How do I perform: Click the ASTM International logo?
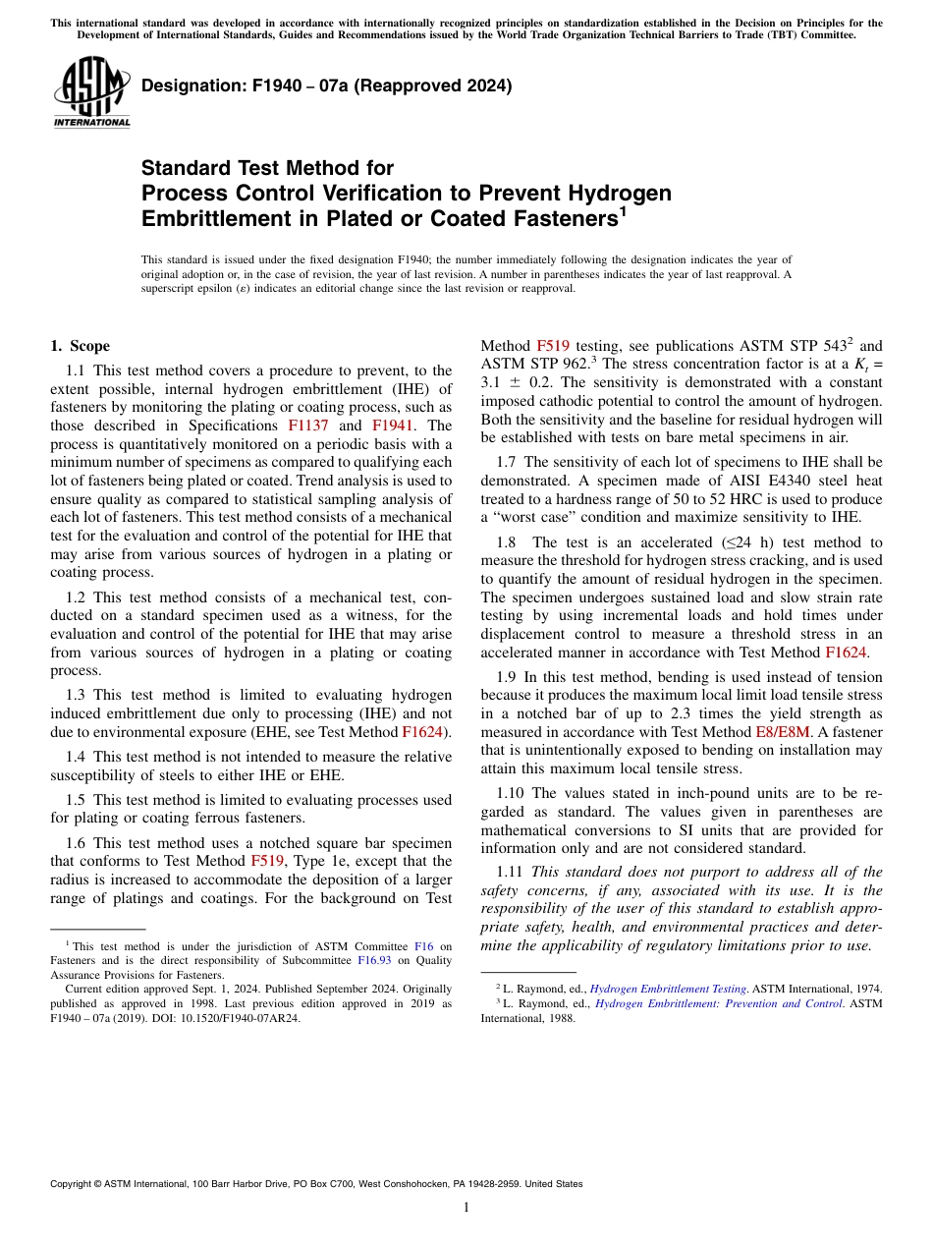coord(91,92)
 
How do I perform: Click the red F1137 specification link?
coord(307,426)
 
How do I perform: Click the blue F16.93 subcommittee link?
coord(373,934)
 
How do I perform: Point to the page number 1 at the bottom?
coord(466,1207)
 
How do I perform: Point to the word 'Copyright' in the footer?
coord(72,1184)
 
